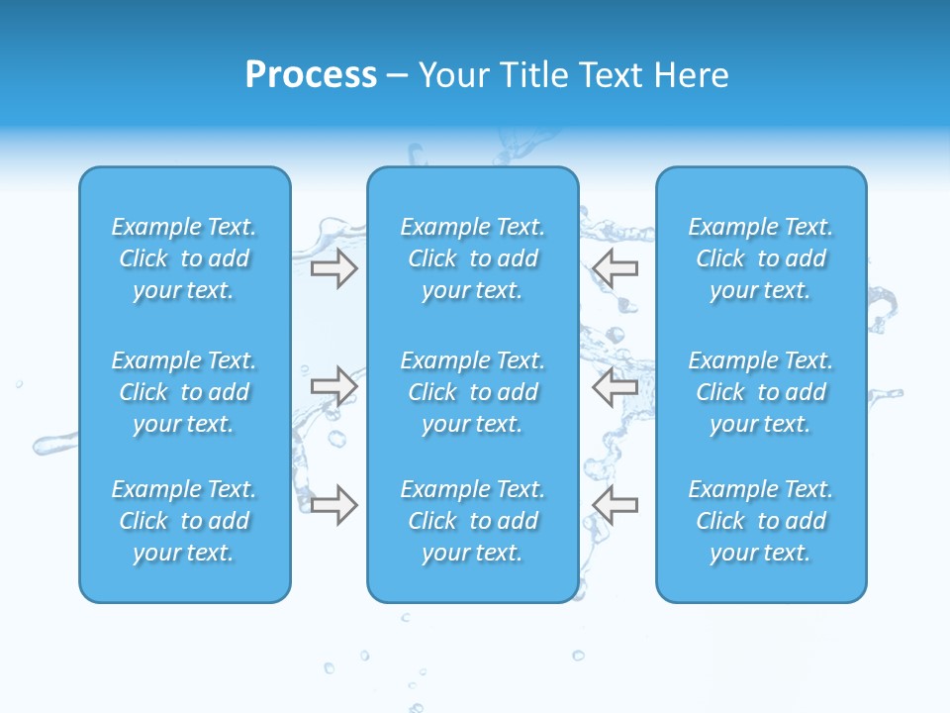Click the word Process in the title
click(311, 75)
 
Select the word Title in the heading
click(534, 75)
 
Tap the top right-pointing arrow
click(333, 268)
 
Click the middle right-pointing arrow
click(333, 385)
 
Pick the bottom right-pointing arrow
click(333, 504)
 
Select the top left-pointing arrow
click(615, 268)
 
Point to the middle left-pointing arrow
click(615, 385)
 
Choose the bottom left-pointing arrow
click(615, 504)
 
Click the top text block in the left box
click(184, 258)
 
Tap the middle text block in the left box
click(184, 392)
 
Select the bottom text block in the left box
click(184, 521)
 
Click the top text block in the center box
click(472, 258)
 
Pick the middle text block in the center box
click(472, 392)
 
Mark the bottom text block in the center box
click(472, 521)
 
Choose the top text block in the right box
click(760, 258)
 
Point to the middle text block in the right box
click(760, 392)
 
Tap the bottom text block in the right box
click(760, 521)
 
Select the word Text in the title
click(611, 75)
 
